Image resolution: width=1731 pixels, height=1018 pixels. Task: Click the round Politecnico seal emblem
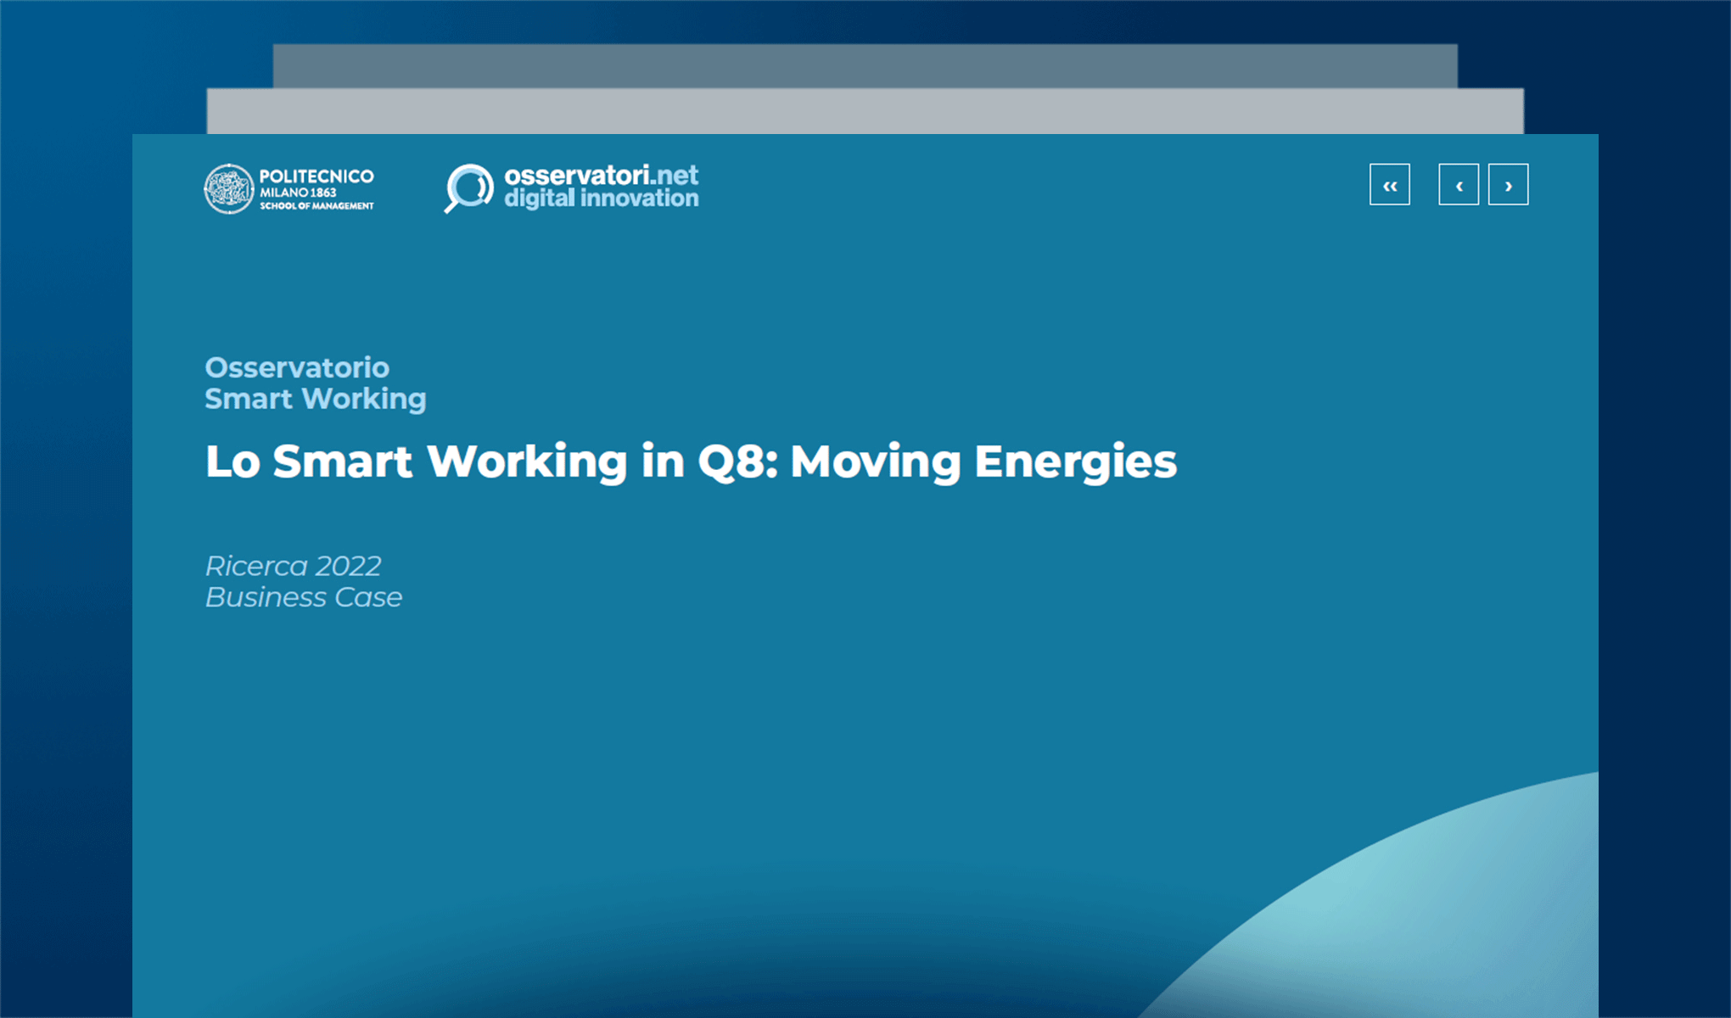[228, 188]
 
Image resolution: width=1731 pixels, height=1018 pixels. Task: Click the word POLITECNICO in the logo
[316, 176]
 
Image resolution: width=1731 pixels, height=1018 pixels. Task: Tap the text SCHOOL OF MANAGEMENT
[317, 206]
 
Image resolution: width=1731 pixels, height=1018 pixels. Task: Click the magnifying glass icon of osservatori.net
[468, 187]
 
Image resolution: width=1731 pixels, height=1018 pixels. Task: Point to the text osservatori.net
[601, 175]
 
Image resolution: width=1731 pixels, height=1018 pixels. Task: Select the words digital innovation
[601, 199]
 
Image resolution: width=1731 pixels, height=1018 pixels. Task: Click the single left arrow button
[1459, 185]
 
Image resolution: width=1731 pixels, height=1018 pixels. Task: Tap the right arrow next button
[1508, 185]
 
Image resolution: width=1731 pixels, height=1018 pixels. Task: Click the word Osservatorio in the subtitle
[297, 367]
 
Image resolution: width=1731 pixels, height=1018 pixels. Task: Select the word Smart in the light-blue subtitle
[248, 399]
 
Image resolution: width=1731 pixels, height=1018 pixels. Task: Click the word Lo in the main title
[232, 461]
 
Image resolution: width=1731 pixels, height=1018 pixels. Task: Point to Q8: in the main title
[737, 461]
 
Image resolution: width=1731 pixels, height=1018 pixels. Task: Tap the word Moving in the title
[875, 461]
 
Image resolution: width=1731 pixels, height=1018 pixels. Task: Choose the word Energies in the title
[1075, 461]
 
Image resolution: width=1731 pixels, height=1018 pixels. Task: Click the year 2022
[348, 566]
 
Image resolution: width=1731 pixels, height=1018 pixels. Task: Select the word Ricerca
[256, 566]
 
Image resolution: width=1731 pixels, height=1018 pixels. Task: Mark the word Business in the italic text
[266, 597]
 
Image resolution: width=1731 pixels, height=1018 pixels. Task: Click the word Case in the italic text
[368, 597]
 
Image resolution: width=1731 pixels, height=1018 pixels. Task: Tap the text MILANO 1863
[298, 193]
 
